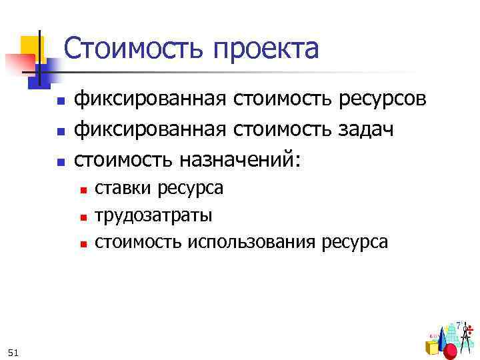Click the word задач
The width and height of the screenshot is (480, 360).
pyautogui.click(x=367, y=130)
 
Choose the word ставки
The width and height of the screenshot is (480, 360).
pyautogui.click(x=124, y=189)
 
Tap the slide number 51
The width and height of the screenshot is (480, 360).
pyautogui.click(x=14, y=351)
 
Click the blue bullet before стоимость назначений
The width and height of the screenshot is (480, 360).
pyautogui.click(x=59, y=161)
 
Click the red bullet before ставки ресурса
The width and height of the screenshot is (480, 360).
pyautogui.click(x=83, y=191)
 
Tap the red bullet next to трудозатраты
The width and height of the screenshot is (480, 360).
pyautogui.click(x=83, y=217)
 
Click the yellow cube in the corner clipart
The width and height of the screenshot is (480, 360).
pyautogui.click(x=432, y=347)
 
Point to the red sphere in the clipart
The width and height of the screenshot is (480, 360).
pyautogui.click(x=451, y=351)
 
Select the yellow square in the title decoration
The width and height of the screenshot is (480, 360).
pyautogui.click(x=31, y=46)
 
